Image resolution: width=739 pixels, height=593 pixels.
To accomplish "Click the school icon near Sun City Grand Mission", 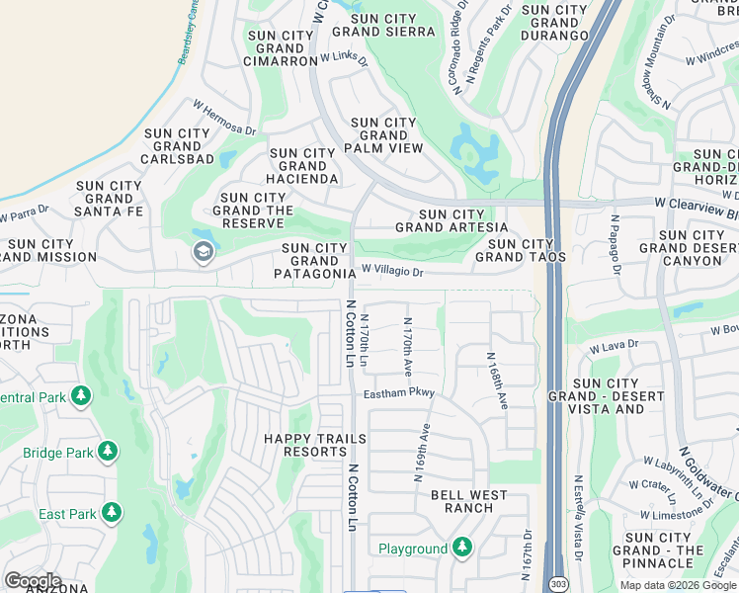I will (x=204, y=252).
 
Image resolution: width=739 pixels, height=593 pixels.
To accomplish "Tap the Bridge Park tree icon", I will (x=107, y=453).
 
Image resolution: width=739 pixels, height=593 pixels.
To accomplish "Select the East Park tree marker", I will (x=112, y=513).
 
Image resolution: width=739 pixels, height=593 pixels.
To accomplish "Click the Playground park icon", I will (x=461, y=548).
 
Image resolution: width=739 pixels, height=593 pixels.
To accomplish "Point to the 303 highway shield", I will (x=559, y=584).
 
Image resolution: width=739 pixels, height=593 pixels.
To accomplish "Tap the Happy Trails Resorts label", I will (x=315, y=445).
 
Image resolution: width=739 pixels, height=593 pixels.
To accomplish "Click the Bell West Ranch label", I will (x=468, y=501).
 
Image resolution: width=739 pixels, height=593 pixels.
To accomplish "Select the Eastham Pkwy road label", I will (x=398, y=393).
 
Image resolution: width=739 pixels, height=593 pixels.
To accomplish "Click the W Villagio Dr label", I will (x=391, y=270).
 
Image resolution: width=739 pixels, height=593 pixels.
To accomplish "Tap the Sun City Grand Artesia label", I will (x=440, y=220).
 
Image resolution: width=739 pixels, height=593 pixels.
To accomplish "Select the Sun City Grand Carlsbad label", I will (x=178, y=146).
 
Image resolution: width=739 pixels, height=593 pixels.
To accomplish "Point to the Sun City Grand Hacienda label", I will (x=303, y=166).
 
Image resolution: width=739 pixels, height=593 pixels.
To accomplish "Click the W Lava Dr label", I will (x=615, y=346).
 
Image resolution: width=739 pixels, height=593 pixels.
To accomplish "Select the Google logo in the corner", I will (x=33, y=581).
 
